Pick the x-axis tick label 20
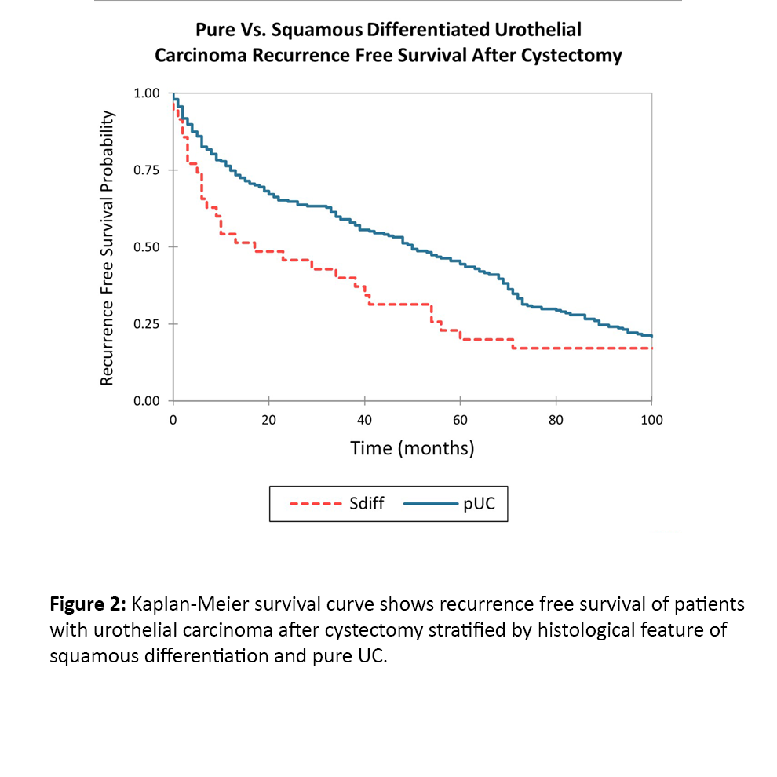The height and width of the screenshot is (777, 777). pos(268,420)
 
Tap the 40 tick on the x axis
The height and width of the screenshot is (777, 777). pos(364,420)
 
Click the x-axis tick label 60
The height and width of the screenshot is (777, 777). pos(460,420)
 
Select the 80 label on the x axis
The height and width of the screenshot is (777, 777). pos(556,420)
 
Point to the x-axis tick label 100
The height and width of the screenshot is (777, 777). pos(651,420)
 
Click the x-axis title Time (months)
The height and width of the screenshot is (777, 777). pos(412,448)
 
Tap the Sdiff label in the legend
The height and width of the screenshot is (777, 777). pos(367,503)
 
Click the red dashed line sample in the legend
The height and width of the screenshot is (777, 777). pos(315,503)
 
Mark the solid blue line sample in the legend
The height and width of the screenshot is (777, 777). pos(431,503)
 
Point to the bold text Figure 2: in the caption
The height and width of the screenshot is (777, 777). pos(89,604)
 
